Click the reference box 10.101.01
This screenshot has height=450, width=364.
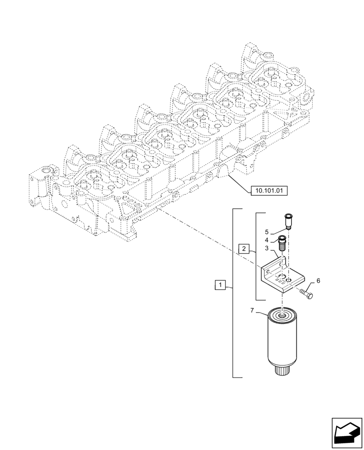click(268, 190)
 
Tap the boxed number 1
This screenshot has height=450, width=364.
click(220, 285)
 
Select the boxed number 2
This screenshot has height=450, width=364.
click(243, 248)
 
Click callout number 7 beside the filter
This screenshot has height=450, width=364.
click(252, 310)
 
